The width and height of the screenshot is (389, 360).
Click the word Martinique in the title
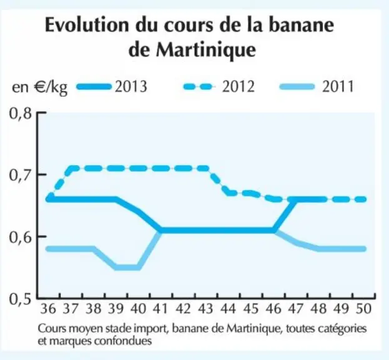click(x=206, y=50)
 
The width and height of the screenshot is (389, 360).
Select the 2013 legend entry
click(x=112, y=87)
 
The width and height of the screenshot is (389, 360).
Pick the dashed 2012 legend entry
click(x=219, y=87)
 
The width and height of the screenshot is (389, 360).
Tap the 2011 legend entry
click(x=317, y=87)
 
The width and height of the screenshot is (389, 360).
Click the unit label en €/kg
click(x=40, y=87)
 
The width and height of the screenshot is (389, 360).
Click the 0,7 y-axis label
click(x=21, y=175)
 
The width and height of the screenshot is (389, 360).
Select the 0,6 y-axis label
click(x=21, y=237)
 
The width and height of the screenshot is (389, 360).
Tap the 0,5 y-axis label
click(x=21, y=299)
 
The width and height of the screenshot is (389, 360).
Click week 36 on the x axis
click(x=48, y=309)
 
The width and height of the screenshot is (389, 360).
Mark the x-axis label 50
click(x=363, y=309)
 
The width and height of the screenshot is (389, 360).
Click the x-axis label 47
click(x=296, y=309)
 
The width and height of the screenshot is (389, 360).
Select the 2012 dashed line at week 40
click(x=139, y=169)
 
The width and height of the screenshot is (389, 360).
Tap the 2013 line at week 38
click(x=94, y=199)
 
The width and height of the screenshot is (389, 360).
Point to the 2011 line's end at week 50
click(x=364, y=249)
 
